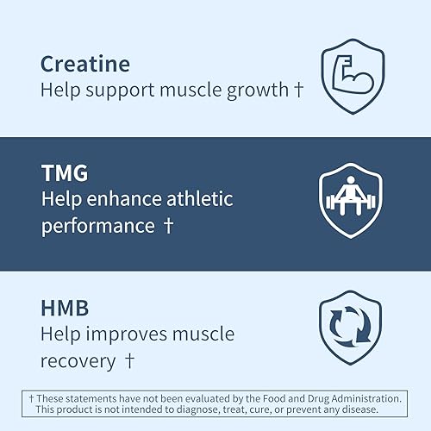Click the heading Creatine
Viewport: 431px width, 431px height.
click(85, 64)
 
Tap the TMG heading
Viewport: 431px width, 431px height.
click(65, 172)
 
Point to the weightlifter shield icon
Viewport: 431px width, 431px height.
click(349, 203)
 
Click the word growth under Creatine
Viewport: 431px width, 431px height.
click(256, 90)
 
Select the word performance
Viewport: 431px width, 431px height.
click(97, 226)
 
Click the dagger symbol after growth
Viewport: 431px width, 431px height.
click(297, 89)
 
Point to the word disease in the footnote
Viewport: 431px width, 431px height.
click(384, 411)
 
